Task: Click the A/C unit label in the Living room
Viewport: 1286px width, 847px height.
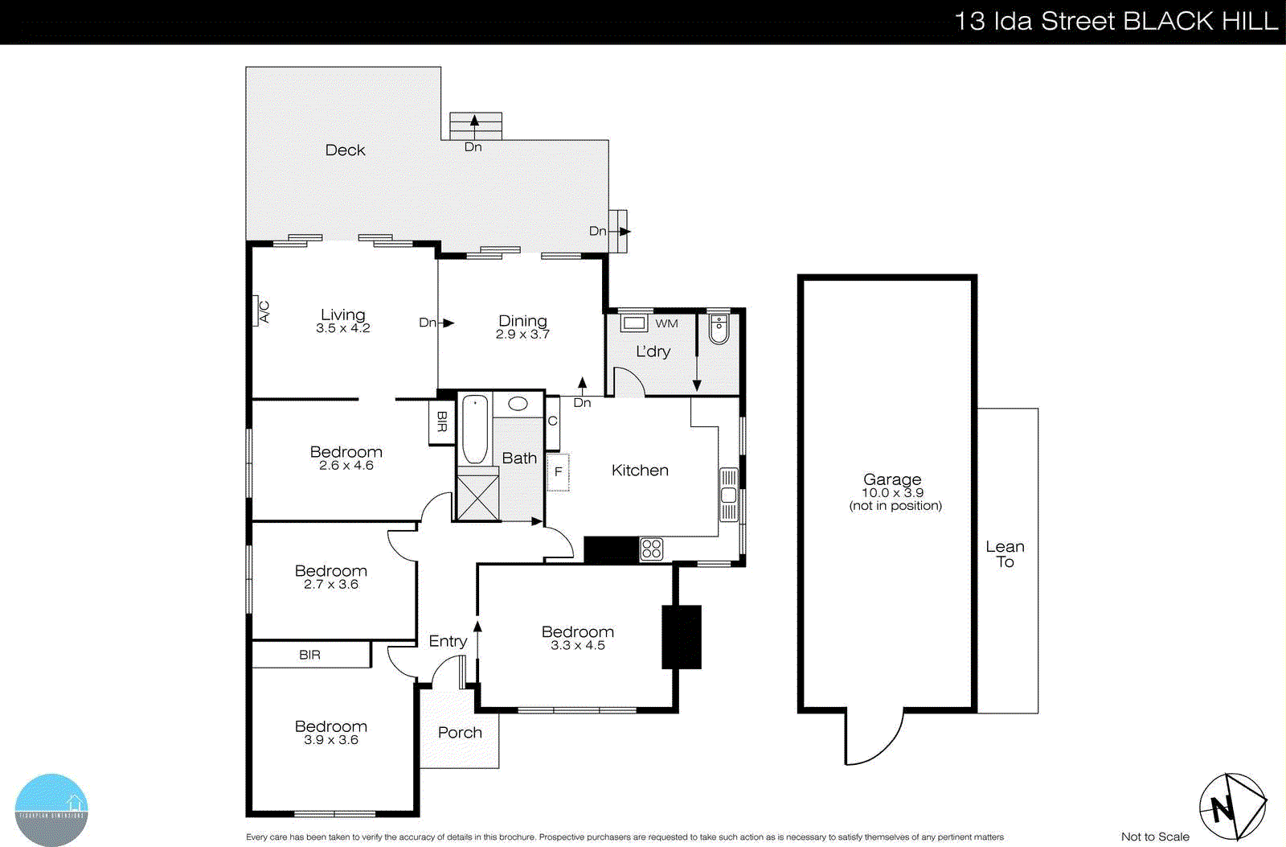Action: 263,311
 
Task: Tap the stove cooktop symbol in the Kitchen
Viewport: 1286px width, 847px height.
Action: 652,549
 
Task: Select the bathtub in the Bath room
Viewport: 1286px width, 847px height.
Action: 474,429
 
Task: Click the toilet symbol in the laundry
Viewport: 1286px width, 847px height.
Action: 719,328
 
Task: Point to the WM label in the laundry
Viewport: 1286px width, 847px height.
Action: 666,323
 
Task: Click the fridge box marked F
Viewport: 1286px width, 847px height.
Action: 558,471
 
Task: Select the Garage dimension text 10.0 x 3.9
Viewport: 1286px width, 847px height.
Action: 892,493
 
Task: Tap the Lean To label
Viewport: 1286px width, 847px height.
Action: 1005,554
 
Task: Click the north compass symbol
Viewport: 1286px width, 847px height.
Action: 1231,807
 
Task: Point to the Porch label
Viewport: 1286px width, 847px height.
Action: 460,733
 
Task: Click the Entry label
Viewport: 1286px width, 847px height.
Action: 448,641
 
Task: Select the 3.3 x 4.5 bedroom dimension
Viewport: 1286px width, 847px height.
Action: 577,646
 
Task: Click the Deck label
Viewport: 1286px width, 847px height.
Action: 345,150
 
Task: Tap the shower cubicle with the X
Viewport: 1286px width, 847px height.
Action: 477,498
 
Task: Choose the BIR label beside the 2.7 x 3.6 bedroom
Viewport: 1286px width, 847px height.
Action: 309,655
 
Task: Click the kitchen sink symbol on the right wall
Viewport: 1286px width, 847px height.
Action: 729,495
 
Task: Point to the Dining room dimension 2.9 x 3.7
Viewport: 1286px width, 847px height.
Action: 522,335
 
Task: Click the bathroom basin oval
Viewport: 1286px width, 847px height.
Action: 518,404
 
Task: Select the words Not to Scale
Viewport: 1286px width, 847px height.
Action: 1154,837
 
